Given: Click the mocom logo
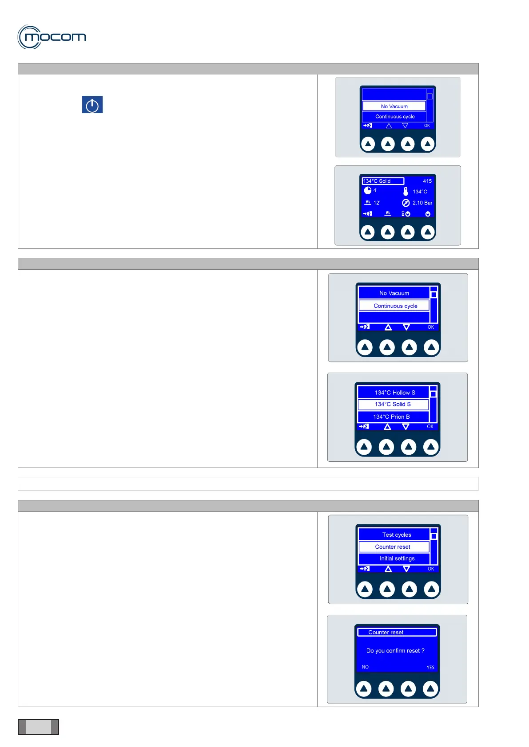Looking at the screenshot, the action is tap(52, 37).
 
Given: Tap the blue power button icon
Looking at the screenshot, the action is tap(92, 105).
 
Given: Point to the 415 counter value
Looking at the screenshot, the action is tap(427, 181).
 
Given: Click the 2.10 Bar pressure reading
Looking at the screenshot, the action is tap(422, 203).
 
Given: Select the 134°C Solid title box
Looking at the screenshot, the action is tap(383, 181).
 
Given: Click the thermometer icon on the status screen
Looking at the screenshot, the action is tap(406, 191).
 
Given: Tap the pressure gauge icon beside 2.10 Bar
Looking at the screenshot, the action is tap(406, 203).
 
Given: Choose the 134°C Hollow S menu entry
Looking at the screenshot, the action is tap(394, 393).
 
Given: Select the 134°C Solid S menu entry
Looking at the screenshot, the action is tap(393, 404).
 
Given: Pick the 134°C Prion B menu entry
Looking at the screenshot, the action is tap(391, 417).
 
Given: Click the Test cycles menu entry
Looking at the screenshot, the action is tap(396, 535).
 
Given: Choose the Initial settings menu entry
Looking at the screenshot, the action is tap(397, 558).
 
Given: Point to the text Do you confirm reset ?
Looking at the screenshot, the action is tap(395, 651).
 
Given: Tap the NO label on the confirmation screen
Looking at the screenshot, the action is tap(365, 667).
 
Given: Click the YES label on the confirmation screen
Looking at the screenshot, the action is tap(430, 667).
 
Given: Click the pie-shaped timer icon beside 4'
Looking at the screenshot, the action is tap(367, 190).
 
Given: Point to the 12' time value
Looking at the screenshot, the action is tap(377, 203).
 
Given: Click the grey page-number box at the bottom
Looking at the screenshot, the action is tap(38, 727).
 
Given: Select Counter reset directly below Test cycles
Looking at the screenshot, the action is tap(393, 547).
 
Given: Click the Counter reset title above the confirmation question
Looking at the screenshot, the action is tap(386, 633).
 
